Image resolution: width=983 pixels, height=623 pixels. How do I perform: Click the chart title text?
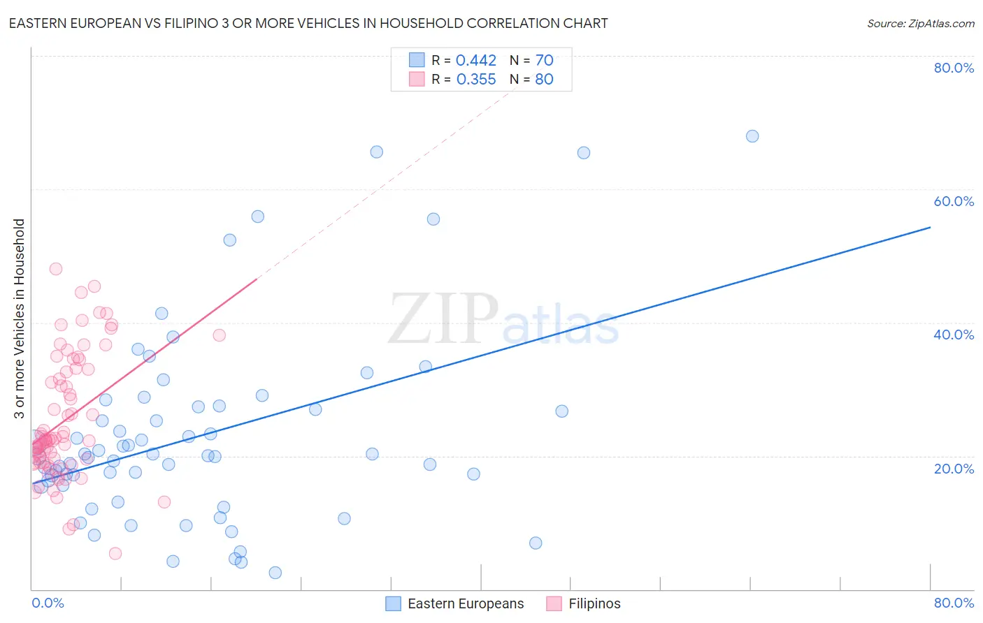click(308, 23)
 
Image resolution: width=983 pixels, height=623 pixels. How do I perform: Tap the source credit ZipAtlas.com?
click(920, 23)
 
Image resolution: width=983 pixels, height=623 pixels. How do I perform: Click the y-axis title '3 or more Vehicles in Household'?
click(20, 318)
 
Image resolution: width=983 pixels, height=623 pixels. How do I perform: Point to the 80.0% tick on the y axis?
click(954, 68)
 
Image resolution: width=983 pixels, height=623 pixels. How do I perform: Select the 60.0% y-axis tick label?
click(954, 201)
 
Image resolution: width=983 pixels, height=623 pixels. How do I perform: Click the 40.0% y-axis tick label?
click(954, 335)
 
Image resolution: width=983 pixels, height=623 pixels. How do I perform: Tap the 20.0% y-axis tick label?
click(954, 468)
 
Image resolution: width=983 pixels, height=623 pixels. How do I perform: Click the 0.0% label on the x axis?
click(48, 603)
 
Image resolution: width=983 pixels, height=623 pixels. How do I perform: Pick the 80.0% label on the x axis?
click(954, 603)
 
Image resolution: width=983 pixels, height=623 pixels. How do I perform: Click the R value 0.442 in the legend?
click(476, 61)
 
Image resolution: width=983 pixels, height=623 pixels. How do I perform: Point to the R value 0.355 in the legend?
click(476, 80)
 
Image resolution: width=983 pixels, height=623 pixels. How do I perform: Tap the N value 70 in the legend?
click(545, 61)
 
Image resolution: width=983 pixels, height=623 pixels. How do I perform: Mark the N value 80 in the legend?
click(545, 80)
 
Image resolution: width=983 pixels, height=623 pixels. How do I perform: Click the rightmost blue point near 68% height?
click(752, 136)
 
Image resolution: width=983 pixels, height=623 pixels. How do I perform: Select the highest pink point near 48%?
click(56, 269)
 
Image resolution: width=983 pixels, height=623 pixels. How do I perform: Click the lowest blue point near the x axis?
click(275, 573)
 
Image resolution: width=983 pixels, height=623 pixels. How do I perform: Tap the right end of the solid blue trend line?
click(930, 227)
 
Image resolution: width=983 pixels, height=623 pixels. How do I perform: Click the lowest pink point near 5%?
click(115, 553)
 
